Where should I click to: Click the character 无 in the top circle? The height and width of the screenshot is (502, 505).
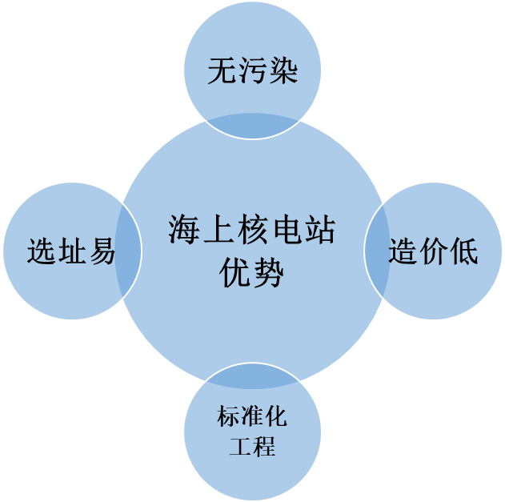coord(222,71)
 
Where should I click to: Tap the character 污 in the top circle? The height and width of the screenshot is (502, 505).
coord(253,71)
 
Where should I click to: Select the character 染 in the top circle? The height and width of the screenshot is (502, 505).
coord(283,71)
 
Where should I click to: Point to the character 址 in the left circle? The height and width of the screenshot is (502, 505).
coord(72,251)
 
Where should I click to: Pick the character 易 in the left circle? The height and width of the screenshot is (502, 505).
coord(102,251)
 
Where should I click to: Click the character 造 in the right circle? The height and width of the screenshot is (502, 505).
coord(404,251)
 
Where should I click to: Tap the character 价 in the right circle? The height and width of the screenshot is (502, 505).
coord(435,251)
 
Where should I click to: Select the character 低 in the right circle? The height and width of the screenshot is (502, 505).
coord(464,251)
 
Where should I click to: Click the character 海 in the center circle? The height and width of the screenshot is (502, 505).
coord(185,231)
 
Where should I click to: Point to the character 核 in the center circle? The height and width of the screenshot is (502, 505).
coord(253,231)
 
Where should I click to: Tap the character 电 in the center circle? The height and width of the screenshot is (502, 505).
coord(286,231)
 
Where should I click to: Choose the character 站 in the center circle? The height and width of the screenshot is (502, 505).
coord(319,231)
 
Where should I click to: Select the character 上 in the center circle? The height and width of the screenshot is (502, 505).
coord(218,231)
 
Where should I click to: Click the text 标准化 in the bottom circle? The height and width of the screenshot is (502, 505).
coord(252,417)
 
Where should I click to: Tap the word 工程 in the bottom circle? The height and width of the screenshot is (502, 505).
coord(252,446)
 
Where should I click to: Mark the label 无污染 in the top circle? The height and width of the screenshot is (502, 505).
coord(253,71)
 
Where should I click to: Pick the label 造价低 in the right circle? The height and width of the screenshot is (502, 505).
coord(435,251)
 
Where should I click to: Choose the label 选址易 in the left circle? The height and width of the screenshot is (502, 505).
coord(72,251)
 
